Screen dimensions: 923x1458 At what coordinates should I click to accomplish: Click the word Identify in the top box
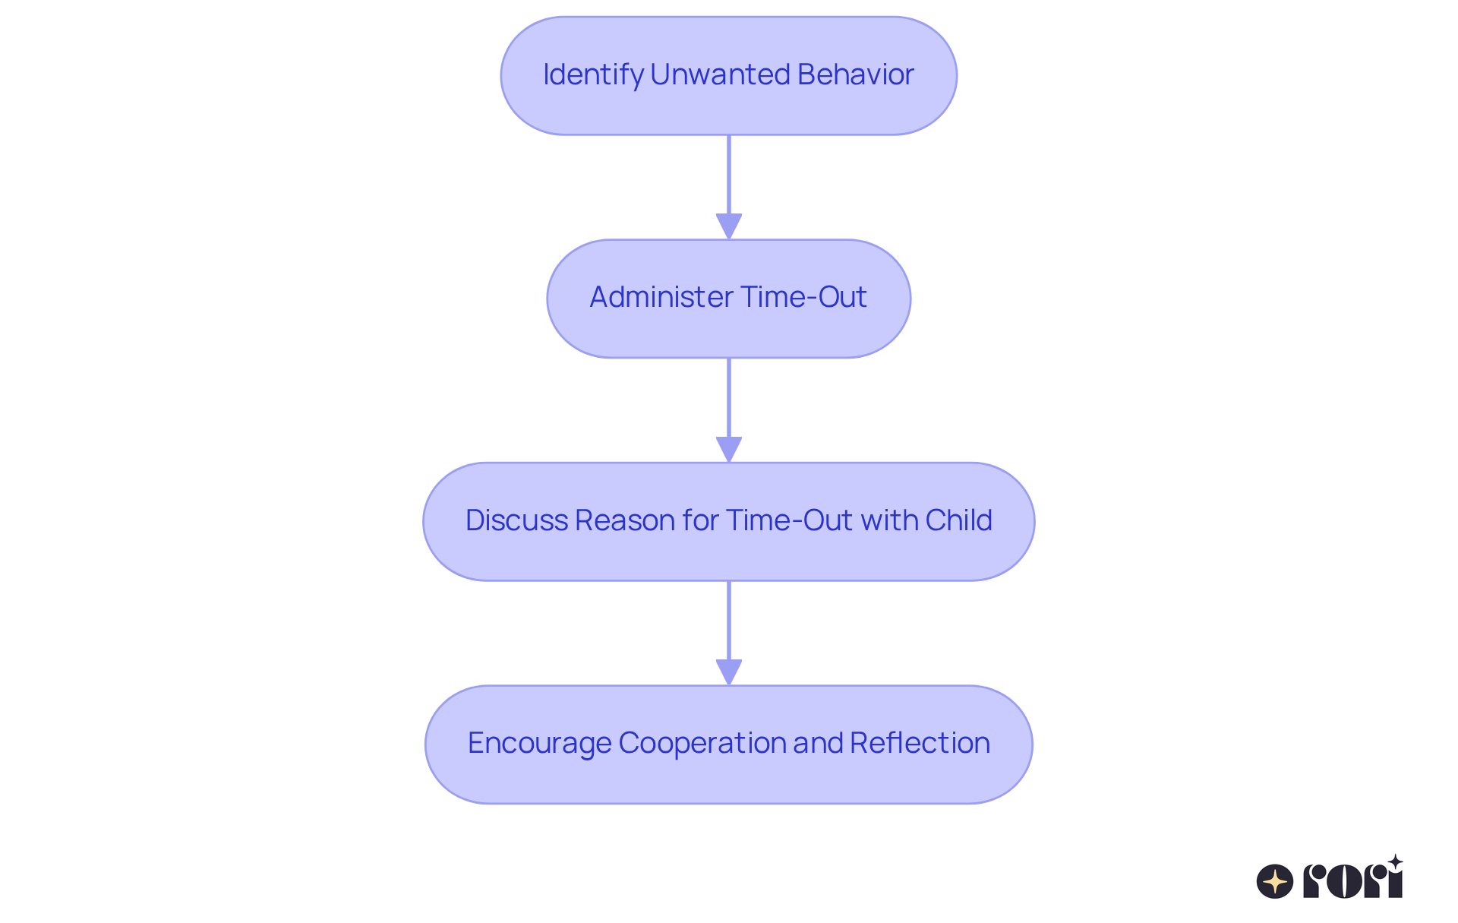593,74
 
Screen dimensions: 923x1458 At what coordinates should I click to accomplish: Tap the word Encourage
538,743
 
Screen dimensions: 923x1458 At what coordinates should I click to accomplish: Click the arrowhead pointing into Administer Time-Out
729,226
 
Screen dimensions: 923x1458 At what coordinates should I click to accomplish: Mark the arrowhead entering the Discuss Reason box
729,449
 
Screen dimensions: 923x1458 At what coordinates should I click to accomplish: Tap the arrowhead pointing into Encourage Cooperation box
729,672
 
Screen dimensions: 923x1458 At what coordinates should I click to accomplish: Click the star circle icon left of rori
1275,881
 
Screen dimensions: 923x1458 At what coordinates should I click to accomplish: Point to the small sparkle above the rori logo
1395,861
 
